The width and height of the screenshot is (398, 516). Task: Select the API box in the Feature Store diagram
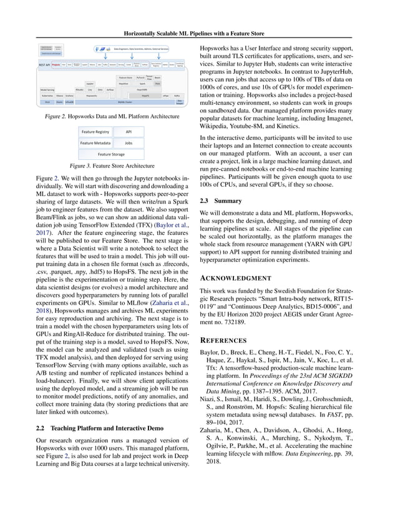click(129, 132)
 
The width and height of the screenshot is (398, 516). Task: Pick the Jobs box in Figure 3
click(129, 143)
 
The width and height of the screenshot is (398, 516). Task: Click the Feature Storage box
click(110, 154)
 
